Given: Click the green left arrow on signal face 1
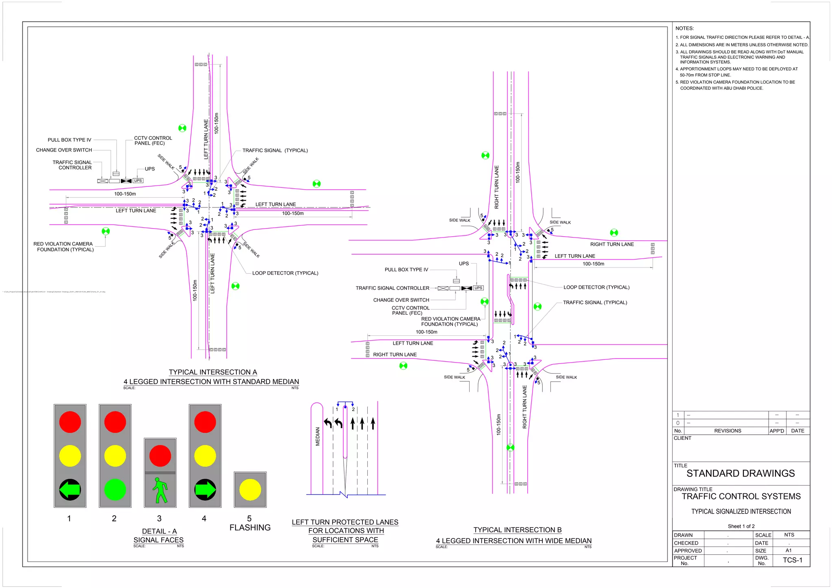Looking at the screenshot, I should click(70, 490).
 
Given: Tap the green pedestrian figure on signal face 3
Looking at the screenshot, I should click(160, 490).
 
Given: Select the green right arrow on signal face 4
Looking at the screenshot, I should click(205, 490).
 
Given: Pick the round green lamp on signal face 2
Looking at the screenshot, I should click(115, 490).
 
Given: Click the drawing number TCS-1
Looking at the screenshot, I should click(792, 560).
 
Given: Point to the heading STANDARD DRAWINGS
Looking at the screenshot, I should click(740, 473).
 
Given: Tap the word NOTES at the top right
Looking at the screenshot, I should click(685, 28).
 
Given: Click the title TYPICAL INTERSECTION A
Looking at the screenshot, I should click(213, 372).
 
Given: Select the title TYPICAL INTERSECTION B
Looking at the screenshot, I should click(517, 530).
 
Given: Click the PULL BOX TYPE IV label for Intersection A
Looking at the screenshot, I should click(69, 140).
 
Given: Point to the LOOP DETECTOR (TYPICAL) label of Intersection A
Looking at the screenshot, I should click(285, 273).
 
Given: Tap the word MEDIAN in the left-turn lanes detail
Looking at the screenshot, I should click(318, 436).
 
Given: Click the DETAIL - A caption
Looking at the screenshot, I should click(159, 531).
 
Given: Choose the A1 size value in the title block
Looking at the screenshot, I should click(789, 551).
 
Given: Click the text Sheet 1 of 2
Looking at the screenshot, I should click(741, 526).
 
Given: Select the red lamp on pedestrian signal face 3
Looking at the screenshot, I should click(160, 456).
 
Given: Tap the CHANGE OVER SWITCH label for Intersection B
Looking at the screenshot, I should click(401, 300).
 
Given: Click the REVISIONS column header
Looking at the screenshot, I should click(727, 431).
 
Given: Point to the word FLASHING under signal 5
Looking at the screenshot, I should click(250, 527).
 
